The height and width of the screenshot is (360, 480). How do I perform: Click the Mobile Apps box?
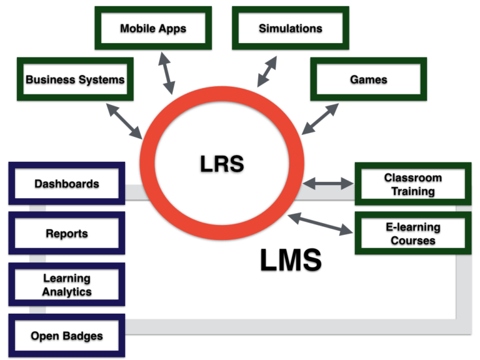(x=153, y=29)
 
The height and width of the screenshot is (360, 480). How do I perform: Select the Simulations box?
(x=291, y=29)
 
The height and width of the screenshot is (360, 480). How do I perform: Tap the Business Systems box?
(x=75, y=80)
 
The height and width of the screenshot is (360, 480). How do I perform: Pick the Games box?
(x=368, y=80)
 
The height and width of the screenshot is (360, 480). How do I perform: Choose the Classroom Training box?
(x=412, y=184)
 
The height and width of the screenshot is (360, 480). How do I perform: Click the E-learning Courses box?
(x=412, y=234)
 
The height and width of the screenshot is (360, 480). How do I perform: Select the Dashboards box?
(x=66, y=184)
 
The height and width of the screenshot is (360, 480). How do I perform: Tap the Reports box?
(x=66, y=234)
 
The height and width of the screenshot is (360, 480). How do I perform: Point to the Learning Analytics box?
(x=66, y=285)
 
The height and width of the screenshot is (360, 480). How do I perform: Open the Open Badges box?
(x=66, y=336)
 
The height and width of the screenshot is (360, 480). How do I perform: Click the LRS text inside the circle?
(x=221, y=163)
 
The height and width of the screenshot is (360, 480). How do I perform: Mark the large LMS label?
(x=291, y=260)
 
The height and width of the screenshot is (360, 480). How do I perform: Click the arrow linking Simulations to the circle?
(x=267, y=72)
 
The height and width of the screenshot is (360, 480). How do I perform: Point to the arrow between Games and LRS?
(x=320, y=119)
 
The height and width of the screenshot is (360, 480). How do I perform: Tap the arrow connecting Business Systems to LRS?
(x=124, y=121)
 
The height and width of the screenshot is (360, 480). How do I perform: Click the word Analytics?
(x=66, y=292)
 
